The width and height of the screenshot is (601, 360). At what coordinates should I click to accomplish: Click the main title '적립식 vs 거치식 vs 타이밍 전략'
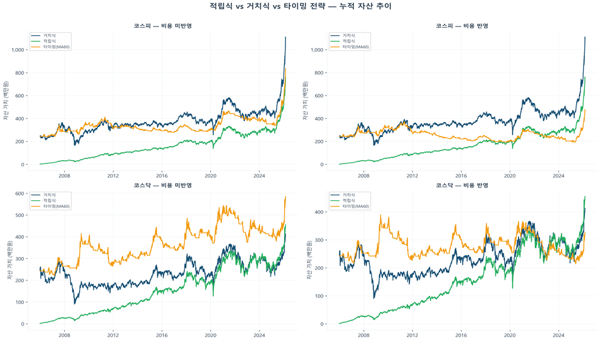tap(300, 6)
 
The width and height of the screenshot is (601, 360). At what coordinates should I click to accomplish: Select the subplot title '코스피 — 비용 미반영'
tap(163, 26)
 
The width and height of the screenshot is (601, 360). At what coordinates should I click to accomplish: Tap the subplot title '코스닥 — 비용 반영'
tap(462, 185)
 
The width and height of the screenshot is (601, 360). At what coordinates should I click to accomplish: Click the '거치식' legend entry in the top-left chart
tap(49, 36)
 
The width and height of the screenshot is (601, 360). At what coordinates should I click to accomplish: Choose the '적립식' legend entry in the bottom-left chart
tap(49, 200)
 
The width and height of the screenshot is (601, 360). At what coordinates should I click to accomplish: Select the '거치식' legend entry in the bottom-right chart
tap(348, 195)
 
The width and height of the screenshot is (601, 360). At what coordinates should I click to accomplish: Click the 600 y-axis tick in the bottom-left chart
tap(20, 194)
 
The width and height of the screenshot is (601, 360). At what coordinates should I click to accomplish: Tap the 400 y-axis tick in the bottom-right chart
tap(319, 212)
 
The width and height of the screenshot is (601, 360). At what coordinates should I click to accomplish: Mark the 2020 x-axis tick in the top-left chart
tap(210, 176)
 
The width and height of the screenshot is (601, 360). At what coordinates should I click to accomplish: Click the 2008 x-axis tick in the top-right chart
tap(363, 176)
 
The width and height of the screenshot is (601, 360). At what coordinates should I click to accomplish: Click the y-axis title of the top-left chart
tap(6, 101)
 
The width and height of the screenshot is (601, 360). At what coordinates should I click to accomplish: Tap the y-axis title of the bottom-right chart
tap(306, 260)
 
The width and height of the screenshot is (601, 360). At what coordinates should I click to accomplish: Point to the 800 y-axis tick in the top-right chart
tap(319, 73)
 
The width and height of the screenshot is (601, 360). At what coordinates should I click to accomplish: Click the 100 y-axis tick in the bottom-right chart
tap(319, 296)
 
